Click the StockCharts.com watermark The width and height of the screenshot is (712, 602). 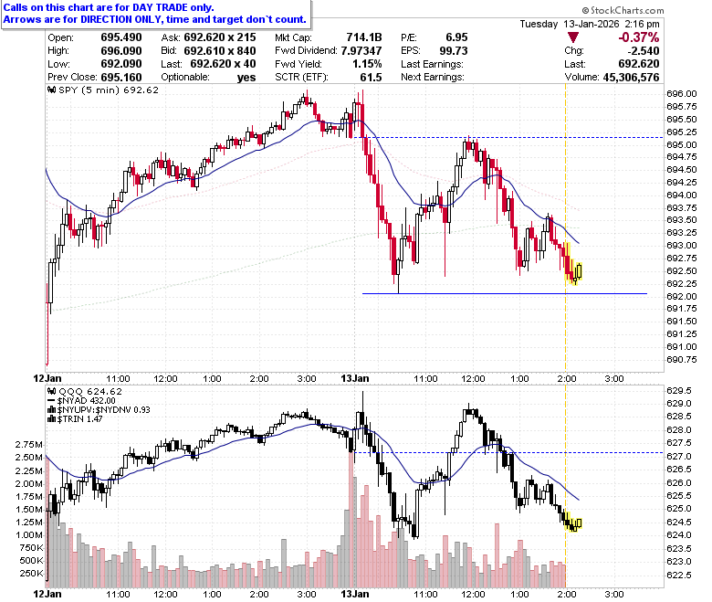click(x=623, y=10)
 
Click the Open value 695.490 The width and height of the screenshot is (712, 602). click(x=121, y=37)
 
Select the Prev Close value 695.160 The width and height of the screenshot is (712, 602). click(x=121, y=78)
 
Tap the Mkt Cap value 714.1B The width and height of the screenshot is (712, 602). click(x=364, y=37)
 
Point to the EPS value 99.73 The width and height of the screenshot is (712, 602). click(x=454, y=50)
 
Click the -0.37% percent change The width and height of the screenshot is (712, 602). click(x=639, y=37)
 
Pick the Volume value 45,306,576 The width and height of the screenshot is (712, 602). click(x=631, y=78)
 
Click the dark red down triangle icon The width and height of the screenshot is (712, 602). click(x=573, y=37)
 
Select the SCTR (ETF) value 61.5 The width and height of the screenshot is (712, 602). click(x=371, y=78)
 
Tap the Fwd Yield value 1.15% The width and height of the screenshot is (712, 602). click(x=367, y=64)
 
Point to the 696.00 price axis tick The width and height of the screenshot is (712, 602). click(x=682, y=94)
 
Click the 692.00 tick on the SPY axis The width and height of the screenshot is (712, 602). click(x=682, y=296)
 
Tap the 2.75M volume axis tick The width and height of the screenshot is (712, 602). click(x=29, y=444)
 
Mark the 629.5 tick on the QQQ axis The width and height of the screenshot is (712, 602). click(x=679, y=391)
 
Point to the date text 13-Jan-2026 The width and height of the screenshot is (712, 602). click(x=592, y=24)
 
